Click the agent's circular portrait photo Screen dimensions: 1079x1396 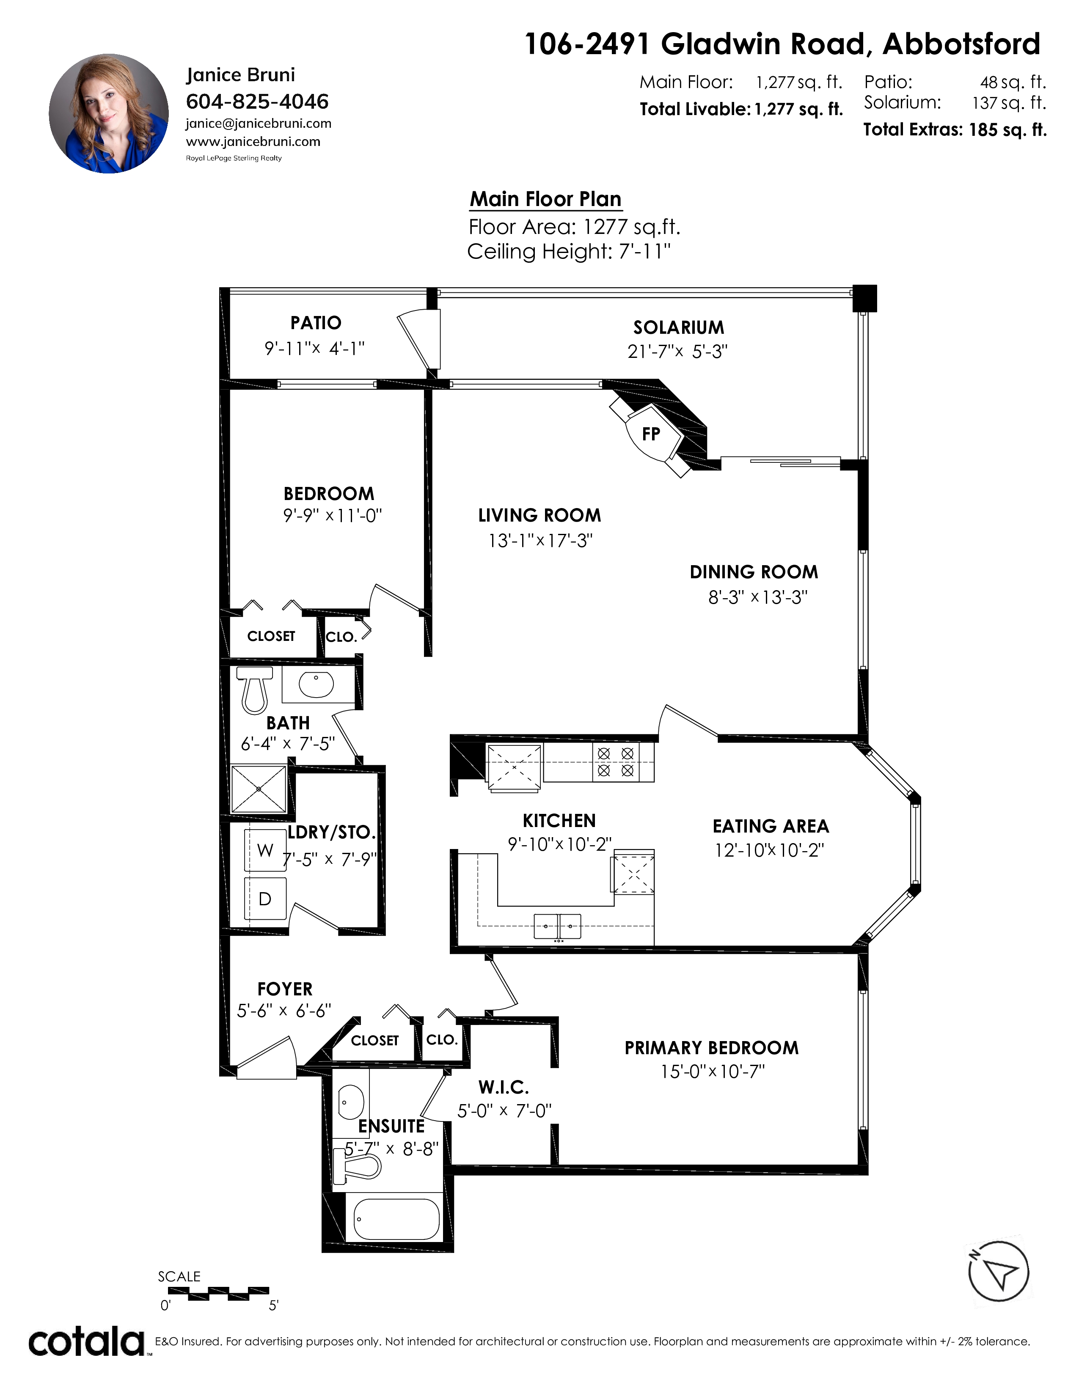coord(109,114)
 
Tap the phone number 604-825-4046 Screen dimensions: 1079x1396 coord(257,101)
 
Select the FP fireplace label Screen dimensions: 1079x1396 coord(651,434)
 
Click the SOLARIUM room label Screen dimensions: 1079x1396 coord(679,327)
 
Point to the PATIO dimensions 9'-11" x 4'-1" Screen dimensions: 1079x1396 coord(314,348)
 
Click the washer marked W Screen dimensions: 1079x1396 coord(265,850)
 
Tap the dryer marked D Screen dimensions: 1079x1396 coord(265,899)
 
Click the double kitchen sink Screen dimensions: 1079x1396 coord(557,926)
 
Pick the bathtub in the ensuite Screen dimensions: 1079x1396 coord(396,1218)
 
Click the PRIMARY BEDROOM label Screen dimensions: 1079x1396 coord(711,1048)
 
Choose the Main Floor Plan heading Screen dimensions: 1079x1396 coord(546,199)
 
